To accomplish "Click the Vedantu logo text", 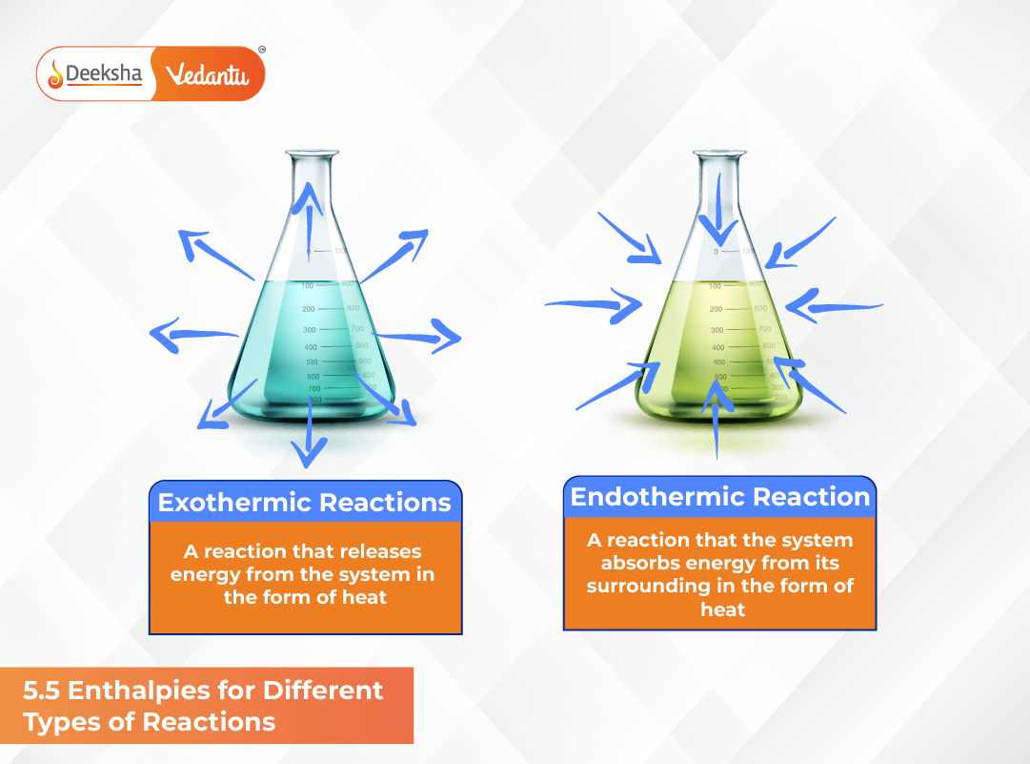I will (207, 74).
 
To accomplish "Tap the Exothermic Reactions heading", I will (305, 503).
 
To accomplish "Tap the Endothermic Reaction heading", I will (719, 497).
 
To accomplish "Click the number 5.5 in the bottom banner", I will (43, 690).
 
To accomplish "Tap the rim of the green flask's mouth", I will (719, 154).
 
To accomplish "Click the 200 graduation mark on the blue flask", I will (309, 309).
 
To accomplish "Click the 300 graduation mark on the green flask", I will (717, 330).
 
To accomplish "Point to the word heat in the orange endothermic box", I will (722, 609).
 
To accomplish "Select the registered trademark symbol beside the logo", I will (262, 49).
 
